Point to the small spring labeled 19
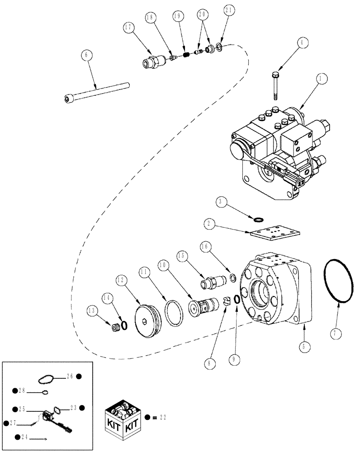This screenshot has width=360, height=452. coord(185,55)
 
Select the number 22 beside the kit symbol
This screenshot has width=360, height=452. coord(162,418)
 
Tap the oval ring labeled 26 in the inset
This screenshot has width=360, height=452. coord(47,379)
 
